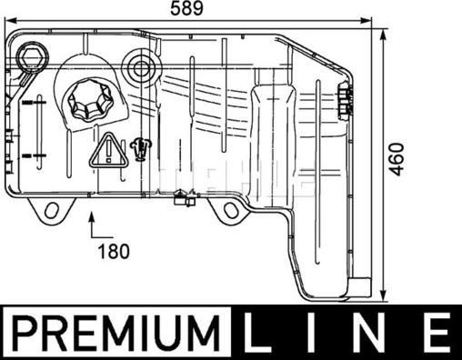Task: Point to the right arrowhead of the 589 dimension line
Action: point(367,18)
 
